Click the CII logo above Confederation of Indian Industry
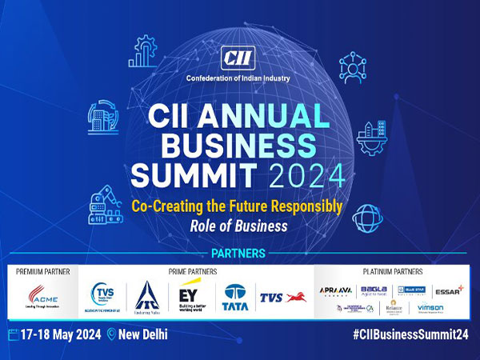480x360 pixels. [x=239, y=58]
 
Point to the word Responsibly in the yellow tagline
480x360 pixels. [x=303, y=206]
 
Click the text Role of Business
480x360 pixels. [x=239, y=226]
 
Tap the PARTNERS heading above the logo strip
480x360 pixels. [x=239, y=254]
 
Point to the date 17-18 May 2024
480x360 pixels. [x=61, y=334]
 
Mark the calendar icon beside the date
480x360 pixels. [x=14, y=334]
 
